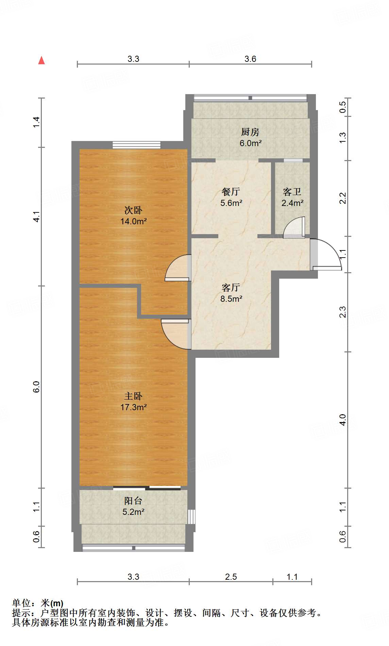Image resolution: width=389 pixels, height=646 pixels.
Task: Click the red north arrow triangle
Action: coord(41,61)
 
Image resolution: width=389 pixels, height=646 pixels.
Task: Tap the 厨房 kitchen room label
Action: coord(250,132)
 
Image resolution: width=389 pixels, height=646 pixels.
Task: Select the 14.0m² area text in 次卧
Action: coord(133,222)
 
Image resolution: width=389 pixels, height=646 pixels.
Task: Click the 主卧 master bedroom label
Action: coord(133,396)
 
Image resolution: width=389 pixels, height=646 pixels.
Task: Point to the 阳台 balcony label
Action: coord(133,501)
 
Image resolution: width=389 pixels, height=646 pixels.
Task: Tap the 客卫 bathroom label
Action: coord(292,192)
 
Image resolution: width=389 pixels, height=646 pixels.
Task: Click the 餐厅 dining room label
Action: coord(231,192)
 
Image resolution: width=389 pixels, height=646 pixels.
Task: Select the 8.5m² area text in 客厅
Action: coord(231,299)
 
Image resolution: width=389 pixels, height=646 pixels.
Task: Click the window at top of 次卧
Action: coord(136,145)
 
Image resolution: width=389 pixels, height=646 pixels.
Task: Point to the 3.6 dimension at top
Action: coord(250,59)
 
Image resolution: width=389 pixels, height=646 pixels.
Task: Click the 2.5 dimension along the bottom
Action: coord(231,577)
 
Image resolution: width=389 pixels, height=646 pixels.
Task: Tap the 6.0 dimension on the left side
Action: coord(36,387)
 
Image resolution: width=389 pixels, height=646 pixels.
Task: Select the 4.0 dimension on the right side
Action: coord(342,420)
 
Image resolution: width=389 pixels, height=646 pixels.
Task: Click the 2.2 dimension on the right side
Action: coord(342,198)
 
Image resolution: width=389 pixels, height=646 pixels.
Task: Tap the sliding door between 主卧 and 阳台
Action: coord(147,488)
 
